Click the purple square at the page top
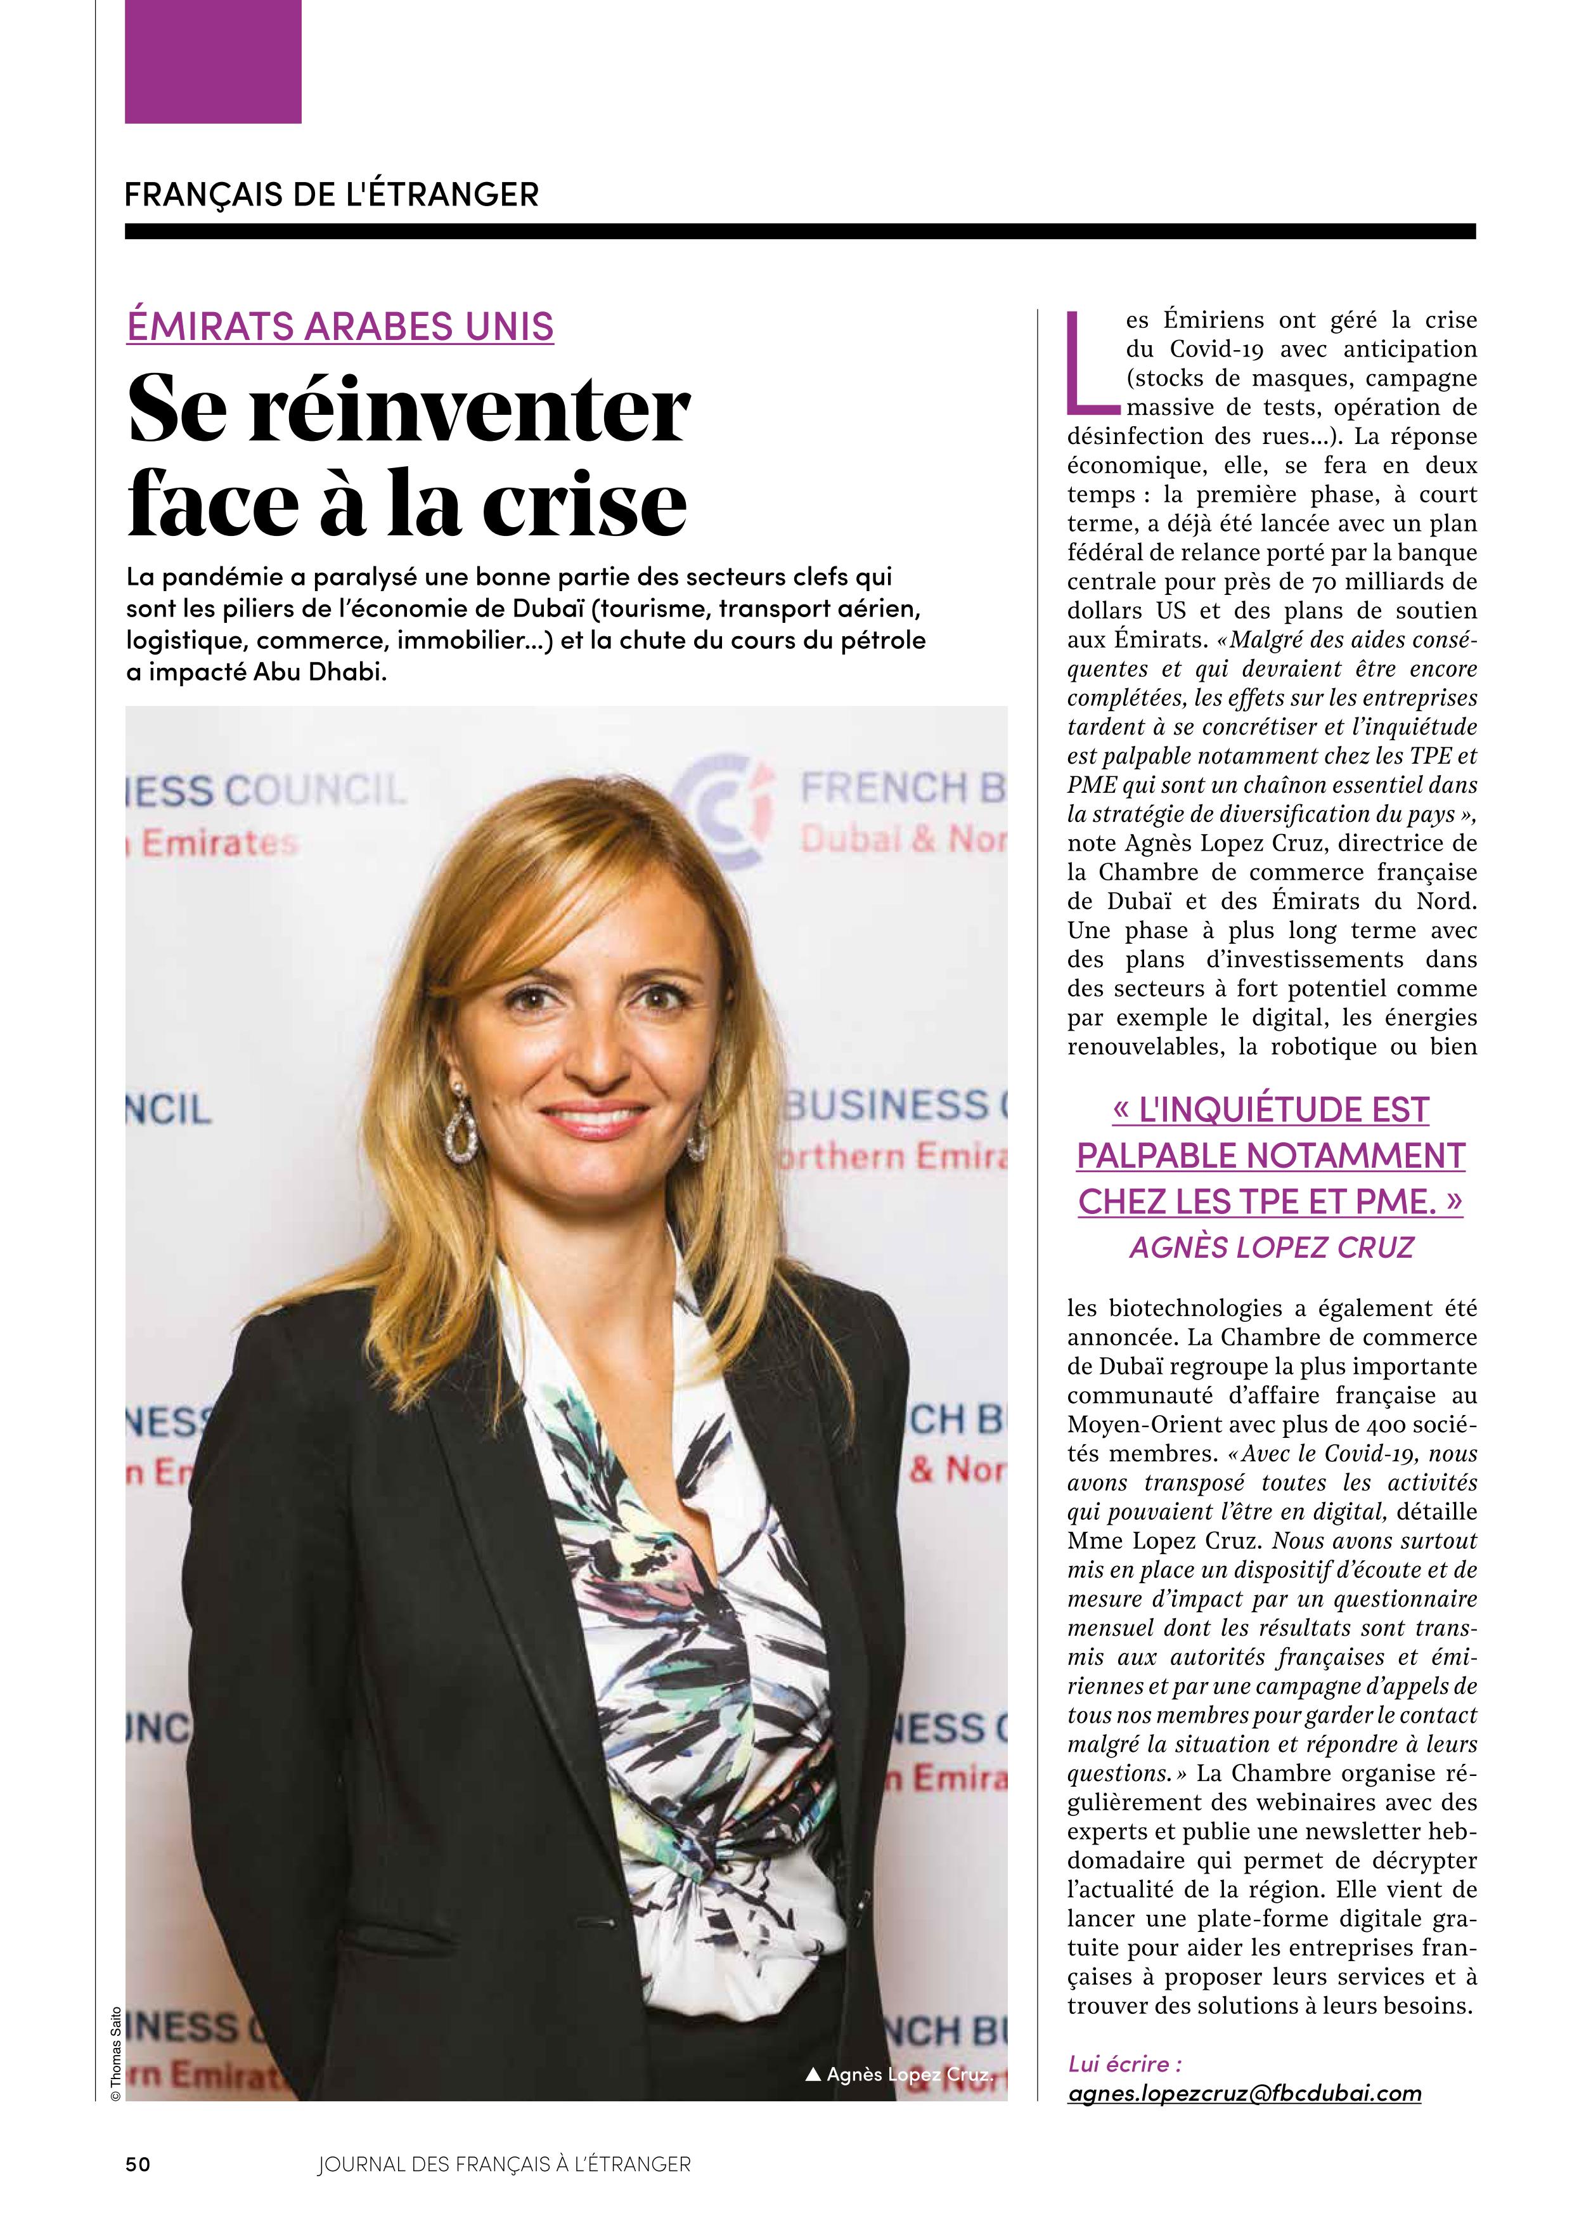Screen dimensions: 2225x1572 coord(213,61)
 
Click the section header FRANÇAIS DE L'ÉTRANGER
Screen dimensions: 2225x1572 coord(332,195)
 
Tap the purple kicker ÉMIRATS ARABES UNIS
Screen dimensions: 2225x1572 coord(340,327)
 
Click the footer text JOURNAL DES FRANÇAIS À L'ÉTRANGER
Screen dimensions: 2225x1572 coord(504,2164)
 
